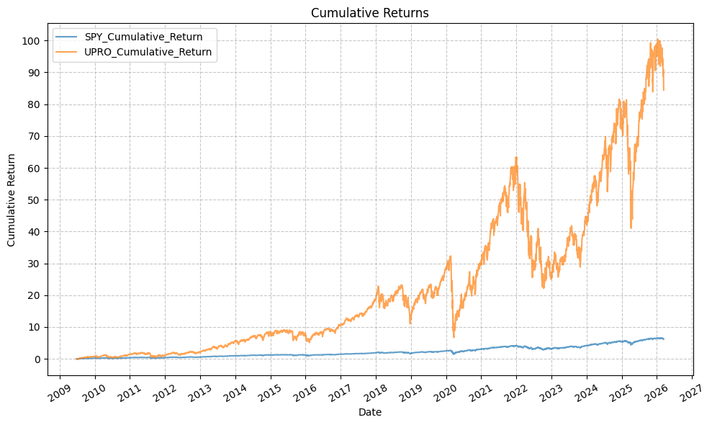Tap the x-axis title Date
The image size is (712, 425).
(370, 413)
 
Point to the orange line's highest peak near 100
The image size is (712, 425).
(657, 40)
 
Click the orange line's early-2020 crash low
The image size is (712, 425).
(454, 336)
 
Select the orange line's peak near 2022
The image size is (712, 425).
(516, 157)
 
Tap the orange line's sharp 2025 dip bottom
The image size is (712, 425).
(631, 228)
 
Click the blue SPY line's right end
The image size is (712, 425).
(663, 339)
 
